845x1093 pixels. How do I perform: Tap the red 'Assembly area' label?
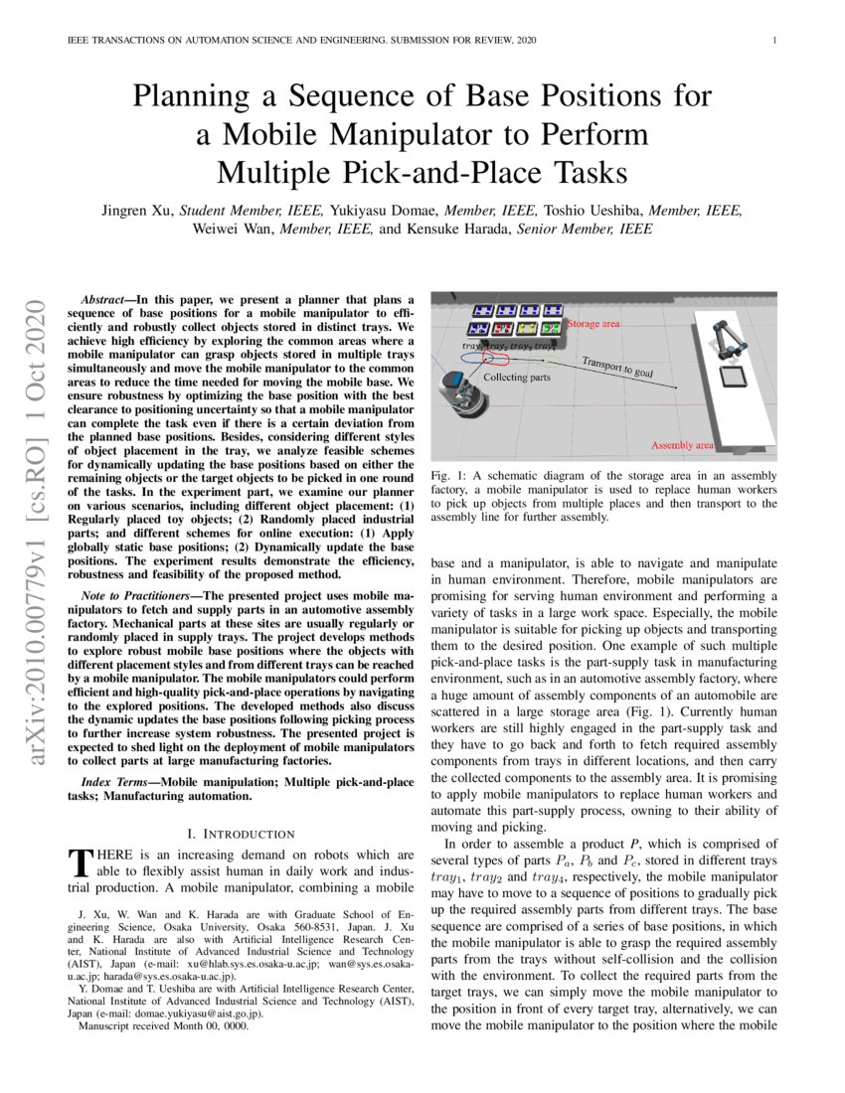pos(682,445)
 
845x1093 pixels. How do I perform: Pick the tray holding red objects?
pos(503,327)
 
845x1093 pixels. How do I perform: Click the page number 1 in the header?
pos(773,41)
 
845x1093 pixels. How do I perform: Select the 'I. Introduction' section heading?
pos(241,833)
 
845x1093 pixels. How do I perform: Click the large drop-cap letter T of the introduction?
pos(77,862)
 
